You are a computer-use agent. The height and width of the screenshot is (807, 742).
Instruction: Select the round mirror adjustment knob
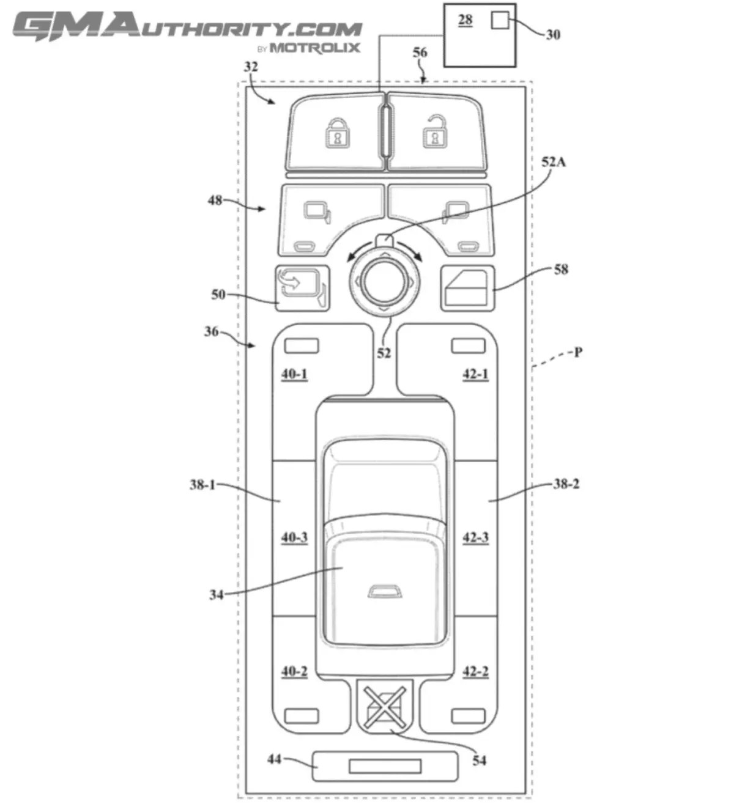(x=384, y=281)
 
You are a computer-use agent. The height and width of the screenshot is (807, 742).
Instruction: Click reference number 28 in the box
(x=466, y=20)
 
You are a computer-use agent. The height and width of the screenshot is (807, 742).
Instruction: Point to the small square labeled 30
(x=499, y=20)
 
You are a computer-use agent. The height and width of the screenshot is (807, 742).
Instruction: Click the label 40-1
(x=294, y=374)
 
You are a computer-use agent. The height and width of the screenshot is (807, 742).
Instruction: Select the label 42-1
(x=475, y=374)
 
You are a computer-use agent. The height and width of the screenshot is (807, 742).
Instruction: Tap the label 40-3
(x=294, y=537)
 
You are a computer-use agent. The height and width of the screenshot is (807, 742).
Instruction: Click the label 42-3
(x=475, y=537)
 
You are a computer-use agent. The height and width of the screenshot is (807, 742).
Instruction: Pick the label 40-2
(x=294, y=671)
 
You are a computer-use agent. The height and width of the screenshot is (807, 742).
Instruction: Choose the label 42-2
(x=475, y=671)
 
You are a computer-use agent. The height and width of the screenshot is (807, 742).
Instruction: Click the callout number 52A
(x=554, y=161)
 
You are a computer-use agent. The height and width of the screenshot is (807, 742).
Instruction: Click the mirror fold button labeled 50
(x=302, y=288)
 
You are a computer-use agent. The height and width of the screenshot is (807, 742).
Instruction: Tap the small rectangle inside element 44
(x=385, y=766)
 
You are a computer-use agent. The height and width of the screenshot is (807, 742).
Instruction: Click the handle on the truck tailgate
(x=384, y=591)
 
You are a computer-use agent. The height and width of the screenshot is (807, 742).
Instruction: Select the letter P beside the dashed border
(x=578, y=352)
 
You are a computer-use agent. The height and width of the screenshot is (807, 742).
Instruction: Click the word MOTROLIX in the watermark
(x=314, y=48)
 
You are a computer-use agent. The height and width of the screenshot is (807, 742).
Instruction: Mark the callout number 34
(x=216, y=594)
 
